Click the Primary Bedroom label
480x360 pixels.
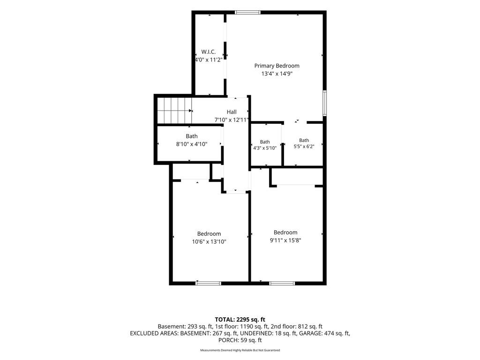tap(277, 66)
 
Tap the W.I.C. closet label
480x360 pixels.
tap(209, 52)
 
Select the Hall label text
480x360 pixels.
tap(232, 112)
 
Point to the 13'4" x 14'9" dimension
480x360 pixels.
tap(277, 74)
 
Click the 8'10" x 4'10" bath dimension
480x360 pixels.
tap(192, 144)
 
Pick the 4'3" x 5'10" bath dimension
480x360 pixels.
tap(265, 148)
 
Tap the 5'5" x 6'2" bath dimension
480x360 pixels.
tap(304, 147)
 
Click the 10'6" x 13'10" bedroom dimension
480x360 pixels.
tap(209, 242)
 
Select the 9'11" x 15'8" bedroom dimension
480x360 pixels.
tap(285, 240)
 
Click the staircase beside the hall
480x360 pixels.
tap(174, 111)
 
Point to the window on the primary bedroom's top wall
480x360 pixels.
tap(247, 13)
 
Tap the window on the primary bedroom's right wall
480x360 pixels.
tap(325, 103)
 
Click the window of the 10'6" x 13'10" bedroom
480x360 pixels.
tap(208, 283)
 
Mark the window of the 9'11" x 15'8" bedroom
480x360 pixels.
tap(282, 283)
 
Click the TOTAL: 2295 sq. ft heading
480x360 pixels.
tap(240, 320)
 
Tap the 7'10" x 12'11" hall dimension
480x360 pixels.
tap(232, 120)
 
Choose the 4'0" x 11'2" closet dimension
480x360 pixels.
tap(209, 60)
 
